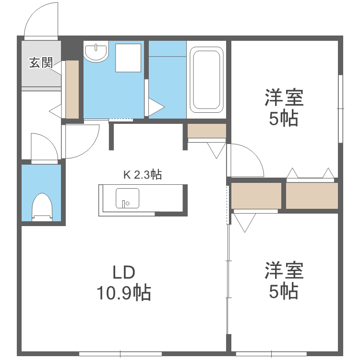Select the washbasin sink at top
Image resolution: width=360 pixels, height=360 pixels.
point(96,51)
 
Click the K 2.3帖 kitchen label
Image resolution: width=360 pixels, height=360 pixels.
point(142,175)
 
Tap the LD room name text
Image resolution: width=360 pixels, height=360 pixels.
point(124,273)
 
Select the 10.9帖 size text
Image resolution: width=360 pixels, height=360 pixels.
point(124,292)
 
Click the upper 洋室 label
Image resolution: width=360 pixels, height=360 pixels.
point(284,99)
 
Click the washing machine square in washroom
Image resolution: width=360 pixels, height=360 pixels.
point(129,58)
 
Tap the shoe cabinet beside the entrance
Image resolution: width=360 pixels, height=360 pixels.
point(72,89)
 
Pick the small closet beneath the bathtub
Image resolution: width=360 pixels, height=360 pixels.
point(206,131)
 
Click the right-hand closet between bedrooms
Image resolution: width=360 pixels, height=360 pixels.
point(312,196)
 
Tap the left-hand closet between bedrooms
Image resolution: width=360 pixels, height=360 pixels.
point(256,196)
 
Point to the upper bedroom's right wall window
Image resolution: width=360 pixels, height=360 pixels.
point(340,109)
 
